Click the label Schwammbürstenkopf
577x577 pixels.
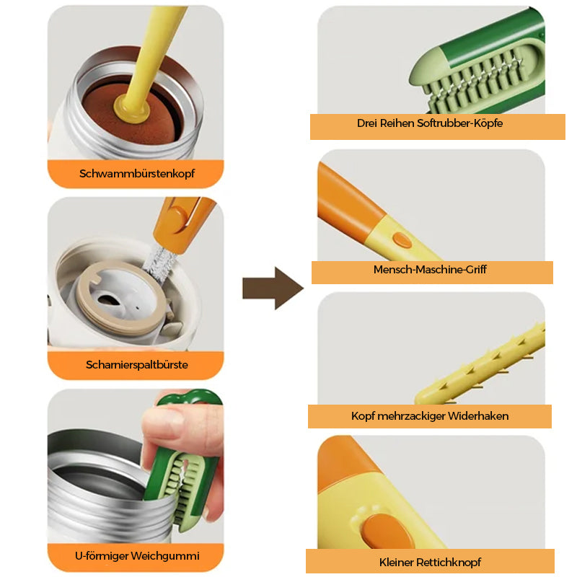137,173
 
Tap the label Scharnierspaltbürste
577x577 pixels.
137,365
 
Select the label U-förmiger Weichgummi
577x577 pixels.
137,555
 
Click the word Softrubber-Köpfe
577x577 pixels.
459,123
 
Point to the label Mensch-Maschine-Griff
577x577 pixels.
430,269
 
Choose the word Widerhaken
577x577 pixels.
478,416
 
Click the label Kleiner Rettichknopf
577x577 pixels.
430,563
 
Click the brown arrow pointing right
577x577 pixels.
273,288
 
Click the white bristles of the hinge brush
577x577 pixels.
159,263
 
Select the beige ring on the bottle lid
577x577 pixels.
121,298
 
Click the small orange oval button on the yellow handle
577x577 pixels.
402,239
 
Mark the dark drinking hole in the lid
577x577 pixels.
107,299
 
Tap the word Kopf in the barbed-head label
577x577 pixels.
363,416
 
